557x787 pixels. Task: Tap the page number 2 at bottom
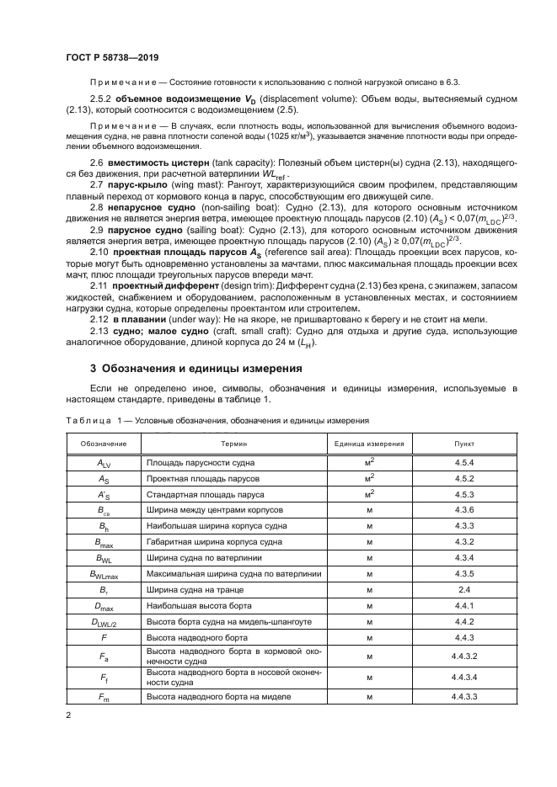point(69,715)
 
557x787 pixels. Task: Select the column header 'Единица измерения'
point(368,443)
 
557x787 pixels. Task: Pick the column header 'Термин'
point(233,443)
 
